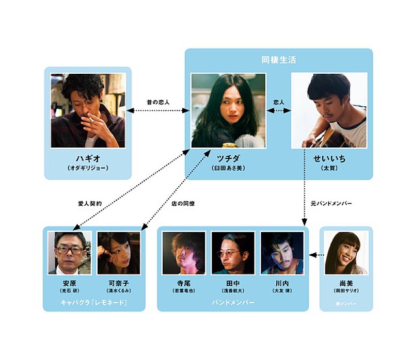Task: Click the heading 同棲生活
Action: pyautogui.click(x=278, y=60)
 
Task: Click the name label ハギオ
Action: pyautogui.click(x=87, y=158)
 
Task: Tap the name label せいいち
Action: pyautogui.click(x=329, y=158)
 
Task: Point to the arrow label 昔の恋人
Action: pyautogui.click(x=158, y=102)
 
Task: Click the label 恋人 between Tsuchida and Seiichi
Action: pyautogui.click(x=279, y=102)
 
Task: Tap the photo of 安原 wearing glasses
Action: pyautogui.click(x=69, y=252)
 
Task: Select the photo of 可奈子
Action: pyautogui.click(x=118, y=252)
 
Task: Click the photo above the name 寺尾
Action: pyautogui.click(x=183, y=252)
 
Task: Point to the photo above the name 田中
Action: pyautogui.click(x=233, y=252)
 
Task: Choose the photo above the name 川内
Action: pyautogui.click(x=282, y=252)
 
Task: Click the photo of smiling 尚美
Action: pyautogui.click(x=346, y=252)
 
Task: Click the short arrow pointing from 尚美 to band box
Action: pyautogui.click(x=317, y=254)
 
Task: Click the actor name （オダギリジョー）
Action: pyautogui.click(x=87, y=169)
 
